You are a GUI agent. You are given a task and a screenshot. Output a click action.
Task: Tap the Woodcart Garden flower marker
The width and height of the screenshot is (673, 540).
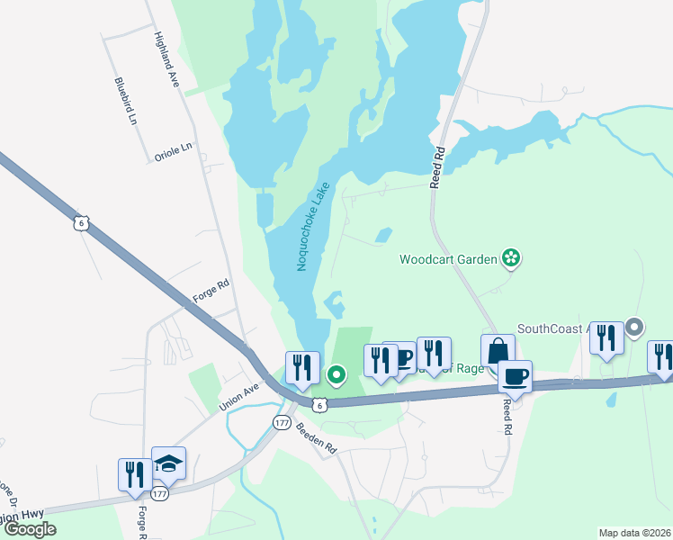click(512, 259)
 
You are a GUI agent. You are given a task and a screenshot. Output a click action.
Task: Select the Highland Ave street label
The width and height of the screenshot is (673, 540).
click(168, 59)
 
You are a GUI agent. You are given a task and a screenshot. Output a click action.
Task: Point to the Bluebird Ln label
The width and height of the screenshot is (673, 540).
click(127, 102)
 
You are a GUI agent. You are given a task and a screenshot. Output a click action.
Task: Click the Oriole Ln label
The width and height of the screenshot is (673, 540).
click(174, 155)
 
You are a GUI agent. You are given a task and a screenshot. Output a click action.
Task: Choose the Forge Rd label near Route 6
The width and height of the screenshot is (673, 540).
click(211, 292)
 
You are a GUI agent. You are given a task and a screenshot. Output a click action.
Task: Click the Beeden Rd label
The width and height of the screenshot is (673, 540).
click(317, 439)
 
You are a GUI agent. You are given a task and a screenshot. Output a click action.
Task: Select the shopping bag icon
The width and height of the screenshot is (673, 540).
click(498, 351)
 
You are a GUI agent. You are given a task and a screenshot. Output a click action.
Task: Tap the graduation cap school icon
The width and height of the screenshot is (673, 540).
click(168, 463)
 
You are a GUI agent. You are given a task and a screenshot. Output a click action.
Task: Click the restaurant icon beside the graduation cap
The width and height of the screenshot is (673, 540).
click(135, 474)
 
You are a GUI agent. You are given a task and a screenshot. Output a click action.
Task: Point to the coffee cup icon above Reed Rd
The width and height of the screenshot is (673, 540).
click(515, 376)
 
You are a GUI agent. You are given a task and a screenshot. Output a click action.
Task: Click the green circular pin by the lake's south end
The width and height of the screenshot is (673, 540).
click(336, 374)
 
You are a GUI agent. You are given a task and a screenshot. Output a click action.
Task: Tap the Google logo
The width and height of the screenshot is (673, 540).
click(30, 529)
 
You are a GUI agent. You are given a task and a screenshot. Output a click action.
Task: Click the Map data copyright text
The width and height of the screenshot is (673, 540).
click(634, 533)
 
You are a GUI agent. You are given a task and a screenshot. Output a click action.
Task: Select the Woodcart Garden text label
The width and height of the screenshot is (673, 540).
click(449, 260)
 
